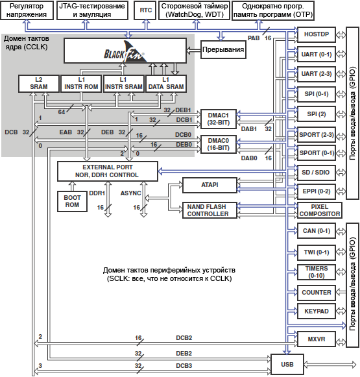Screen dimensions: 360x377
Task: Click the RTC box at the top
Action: (x=146, y=10)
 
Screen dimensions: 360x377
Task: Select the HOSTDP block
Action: (x=317, y=34)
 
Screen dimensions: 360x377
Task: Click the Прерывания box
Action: (x=223, y=49)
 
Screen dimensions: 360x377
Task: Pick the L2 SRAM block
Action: (x=39, y=84)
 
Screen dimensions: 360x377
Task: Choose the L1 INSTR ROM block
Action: (x=81, y=84)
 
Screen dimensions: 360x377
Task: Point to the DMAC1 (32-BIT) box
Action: (x=219, y=119)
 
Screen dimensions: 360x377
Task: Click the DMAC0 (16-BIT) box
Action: (x=219, y=144)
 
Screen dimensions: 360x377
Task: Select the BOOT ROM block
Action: (x=72, y=201)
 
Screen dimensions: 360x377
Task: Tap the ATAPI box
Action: (x=210, y=185)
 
